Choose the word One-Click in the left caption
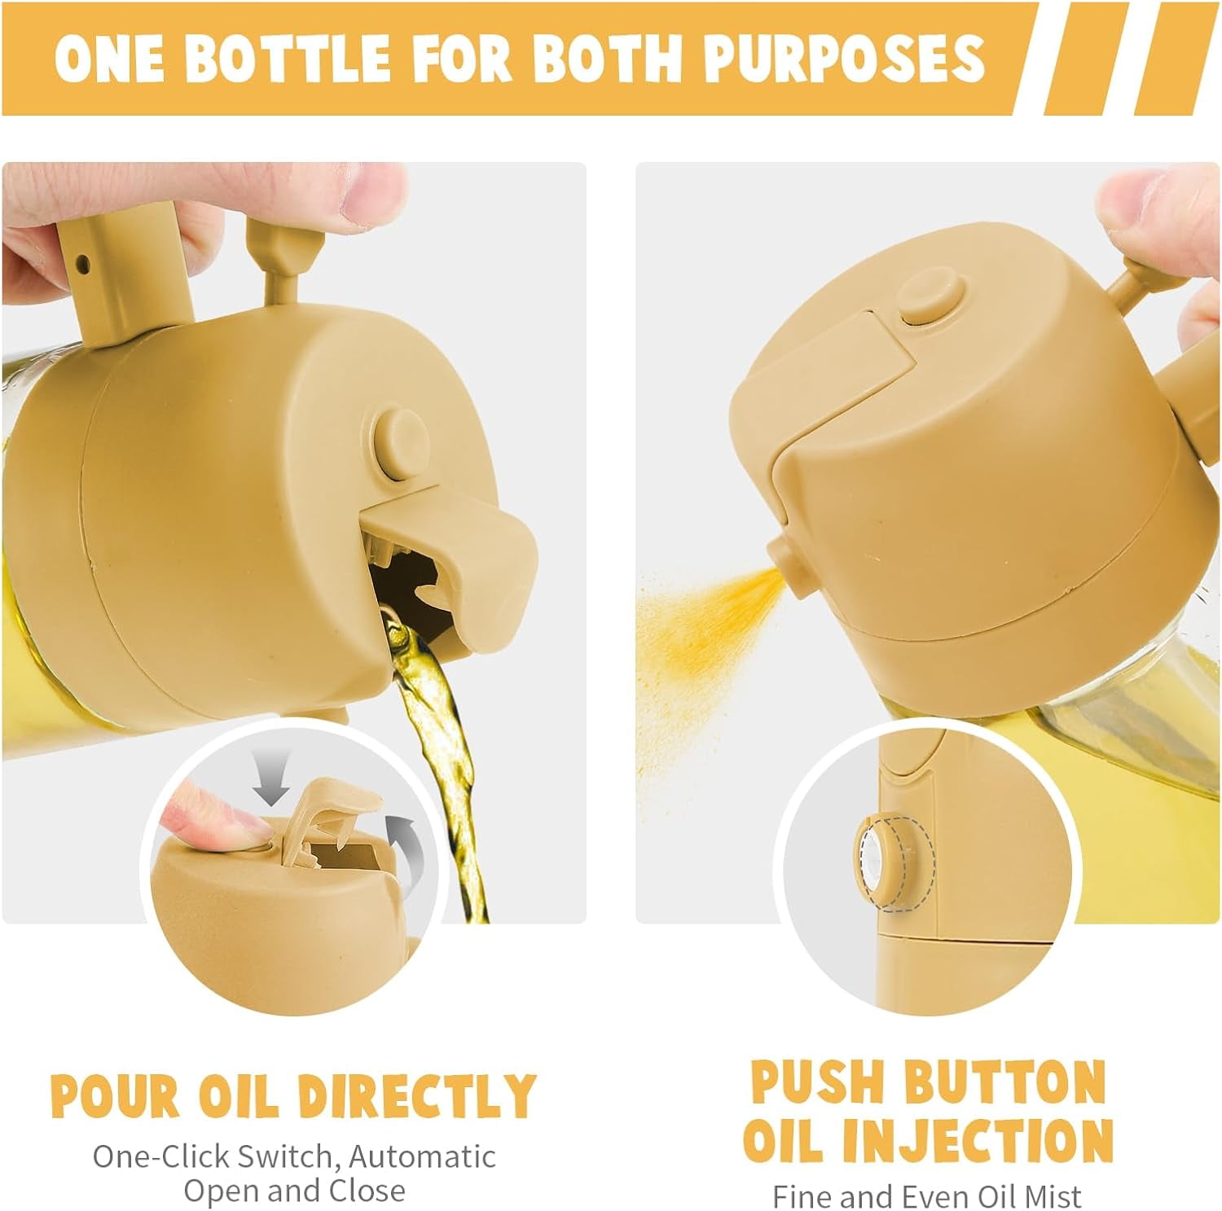tap(161, 1156)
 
